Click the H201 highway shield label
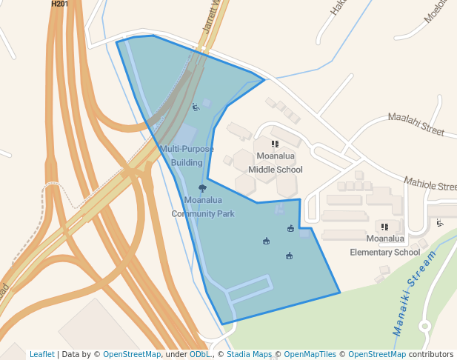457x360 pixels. coord(59,4)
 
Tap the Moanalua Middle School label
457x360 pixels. coord(276,163)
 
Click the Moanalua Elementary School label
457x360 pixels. coord(384,245)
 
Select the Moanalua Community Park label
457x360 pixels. coord(203,207)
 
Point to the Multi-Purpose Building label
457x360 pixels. coord(187,156)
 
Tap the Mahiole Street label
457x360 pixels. coord(429,184)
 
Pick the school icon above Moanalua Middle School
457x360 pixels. coord(275,144)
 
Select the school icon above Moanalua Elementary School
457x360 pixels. coord(384,227)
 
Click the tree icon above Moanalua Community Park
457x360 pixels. coord(203,188)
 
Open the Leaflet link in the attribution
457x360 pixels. coord(42,355)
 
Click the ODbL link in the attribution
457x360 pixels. coord(200,355)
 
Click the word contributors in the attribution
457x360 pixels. coord(430,355)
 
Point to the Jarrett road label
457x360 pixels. coord(212,19)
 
